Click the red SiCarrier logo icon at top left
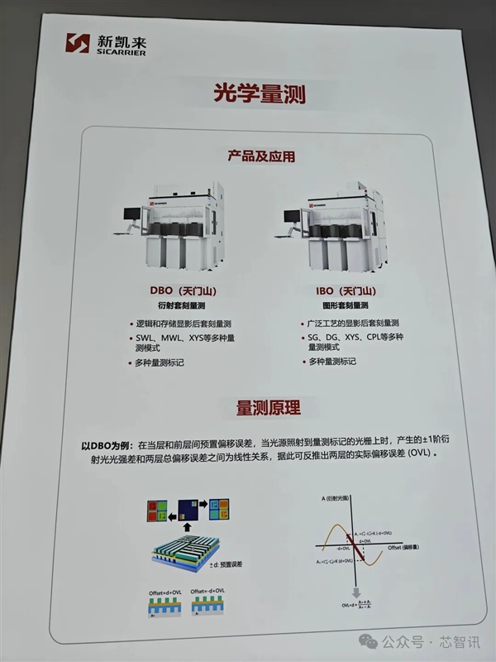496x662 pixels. coord(77,43)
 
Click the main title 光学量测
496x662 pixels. coord(248,94)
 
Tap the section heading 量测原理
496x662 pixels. coord(269,408)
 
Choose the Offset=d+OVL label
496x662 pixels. coord(165,592)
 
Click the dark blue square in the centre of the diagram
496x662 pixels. coord(187,506)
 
